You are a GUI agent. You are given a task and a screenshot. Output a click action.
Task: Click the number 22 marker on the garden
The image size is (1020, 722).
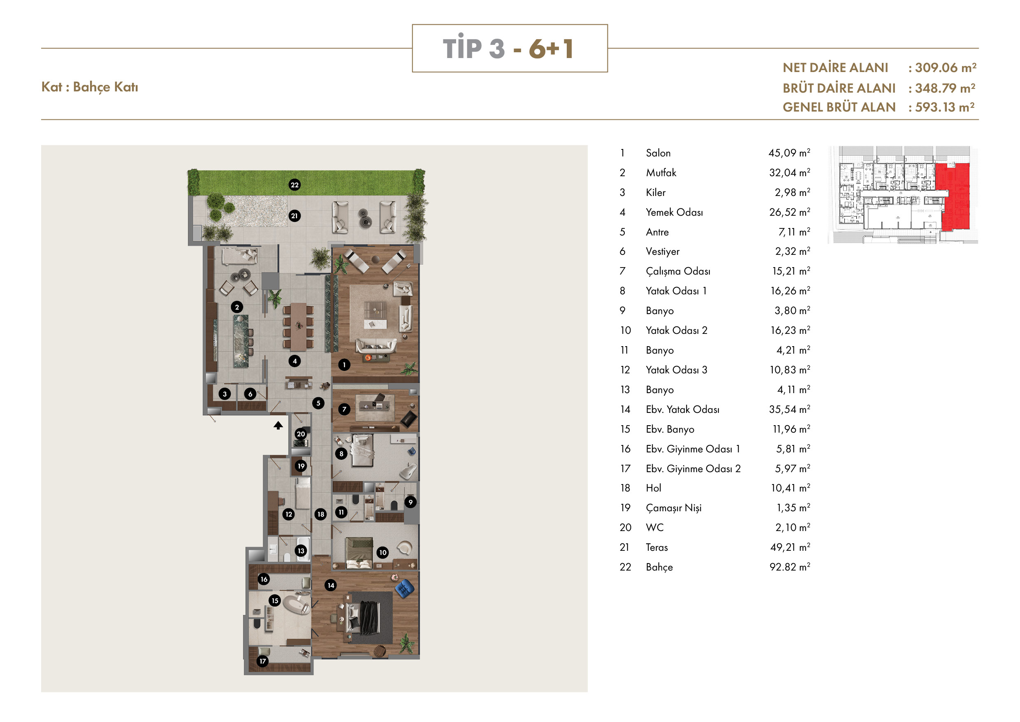pyautogui.click(x=294, y=185)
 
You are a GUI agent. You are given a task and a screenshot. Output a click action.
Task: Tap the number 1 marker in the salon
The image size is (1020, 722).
pyautogui.click(x=344, y=365)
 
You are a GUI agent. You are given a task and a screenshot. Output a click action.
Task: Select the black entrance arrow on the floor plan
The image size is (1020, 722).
pyautogui.click(x=278, y=426)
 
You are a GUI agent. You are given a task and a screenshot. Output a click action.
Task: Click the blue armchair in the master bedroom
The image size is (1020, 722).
pyautogui.click(x=404, y=589)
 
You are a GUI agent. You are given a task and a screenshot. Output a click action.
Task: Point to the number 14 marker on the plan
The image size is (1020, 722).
pyautogui.click(x=331, y=585)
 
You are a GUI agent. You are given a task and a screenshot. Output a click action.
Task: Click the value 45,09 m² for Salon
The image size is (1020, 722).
pyautogui.click(x=789, y=153)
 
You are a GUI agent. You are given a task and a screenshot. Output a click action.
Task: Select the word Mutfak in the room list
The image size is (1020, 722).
pyautogui.click(x=661, y=172)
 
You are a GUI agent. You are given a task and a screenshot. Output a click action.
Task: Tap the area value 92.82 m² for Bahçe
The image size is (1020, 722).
pyautogui.click(x=789, y=567)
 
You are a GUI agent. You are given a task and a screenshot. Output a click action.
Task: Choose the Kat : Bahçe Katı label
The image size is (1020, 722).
pyautogui.click(x=90, y=87)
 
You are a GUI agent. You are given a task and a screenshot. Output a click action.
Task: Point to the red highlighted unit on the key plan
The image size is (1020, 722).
pyautogui.click(x=953, y=196)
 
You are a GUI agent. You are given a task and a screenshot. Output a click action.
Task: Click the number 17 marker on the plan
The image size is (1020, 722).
pyautogui.click(x=262, y=661)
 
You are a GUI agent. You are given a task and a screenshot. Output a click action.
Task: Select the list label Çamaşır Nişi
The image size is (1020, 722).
pyautogui.click(x=673, y=508)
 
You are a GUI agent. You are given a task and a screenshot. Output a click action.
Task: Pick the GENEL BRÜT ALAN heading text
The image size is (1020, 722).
pyautogui.click(x=839, y=107)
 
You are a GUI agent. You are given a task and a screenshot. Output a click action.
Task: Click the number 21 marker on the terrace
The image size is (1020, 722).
pyautogui.click(x=294, y=216)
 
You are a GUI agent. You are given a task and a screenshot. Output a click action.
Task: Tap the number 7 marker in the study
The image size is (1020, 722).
pyautogui.click(x=344, y=410)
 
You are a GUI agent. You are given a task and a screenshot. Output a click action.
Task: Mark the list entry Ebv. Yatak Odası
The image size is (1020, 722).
pyautogui.click(x=682, y=410)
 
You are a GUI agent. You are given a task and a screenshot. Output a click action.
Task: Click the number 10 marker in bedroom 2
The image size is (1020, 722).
pyautogui.click(x=382, y=553)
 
